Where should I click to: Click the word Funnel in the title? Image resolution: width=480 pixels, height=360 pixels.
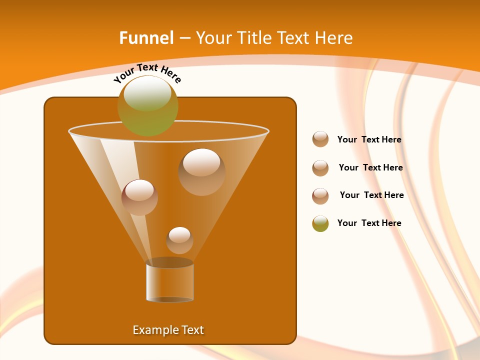(146, 38)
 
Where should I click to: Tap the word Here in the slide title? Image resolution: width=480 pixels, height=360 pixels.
(333, 38)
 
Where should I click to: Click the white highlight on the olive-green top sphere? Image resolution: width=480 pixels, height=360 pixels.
(147, 93)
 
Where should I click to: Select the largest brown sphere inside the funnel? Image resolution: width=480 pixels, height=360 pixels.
(201, 172)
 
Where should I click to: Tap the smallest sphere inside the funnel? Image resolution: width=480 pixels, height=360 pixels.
(179, 240)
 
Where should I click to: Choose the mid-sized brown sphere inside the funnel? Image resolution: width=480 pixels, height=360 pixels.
(140, 197)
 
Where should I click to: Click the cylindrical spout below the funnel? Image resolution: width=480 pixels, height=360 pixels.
(169, 282)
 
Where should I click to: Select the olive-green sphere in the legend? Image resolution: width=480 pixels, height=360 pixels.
(320, 223)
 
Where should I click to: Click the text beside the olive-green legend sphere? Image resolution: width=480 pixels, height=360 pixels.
(369, 223)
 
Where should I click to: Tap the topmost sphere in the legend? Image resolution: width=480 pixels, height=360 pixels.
(320, 139)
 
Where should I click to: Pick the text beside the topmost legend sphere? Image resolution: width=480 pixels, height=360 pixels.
(369, 139)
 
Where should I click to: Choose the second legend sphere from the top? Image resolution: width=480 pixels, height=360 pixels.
(320, 168)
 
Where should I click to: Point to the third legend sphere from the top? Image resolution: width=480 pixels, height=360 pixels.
(320, 196)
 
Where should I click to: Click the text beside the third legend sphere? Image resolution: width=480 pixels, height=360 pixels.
(371, 195)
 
